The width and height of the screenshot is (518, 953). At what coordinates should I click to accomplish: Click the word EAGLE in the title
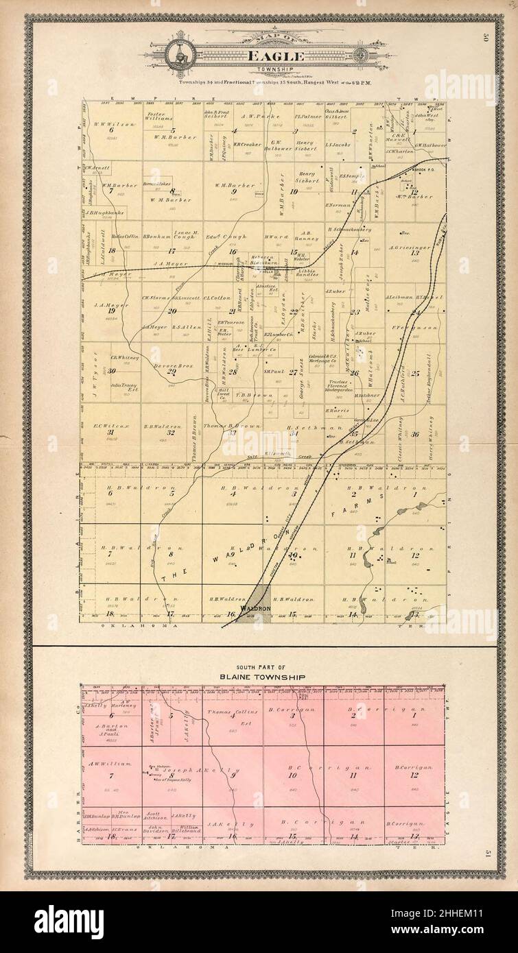click(259, 58)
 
